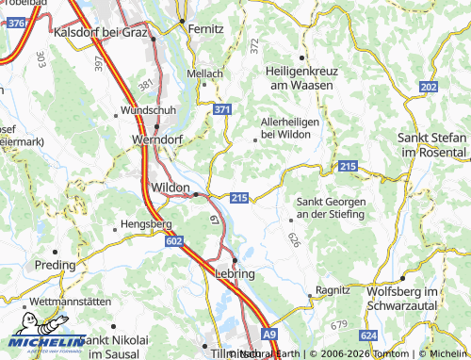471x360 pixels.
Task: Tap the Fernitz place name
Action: [x=205, y=29]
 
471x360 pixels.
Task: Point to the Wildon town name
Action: [x=170, y=188]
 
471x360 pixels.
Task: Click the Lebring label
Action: [x=235, y=273]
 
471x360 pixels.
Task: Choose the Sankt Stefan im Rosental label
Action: [x=434, y=145]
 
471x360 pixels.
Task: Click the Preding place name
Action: [x=54, y=266]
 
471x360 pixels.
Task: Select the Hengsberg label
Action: [x=144, y=226]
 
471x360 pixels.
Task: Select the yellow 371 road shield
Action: [x=221, y=110]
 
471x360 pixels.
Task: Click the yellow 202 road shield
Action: [x=429, y=87]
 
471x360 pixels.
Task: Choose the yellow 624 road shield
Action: [x=368, y=335]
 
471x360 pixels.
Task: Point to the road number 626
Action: [x=294, y=240]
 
